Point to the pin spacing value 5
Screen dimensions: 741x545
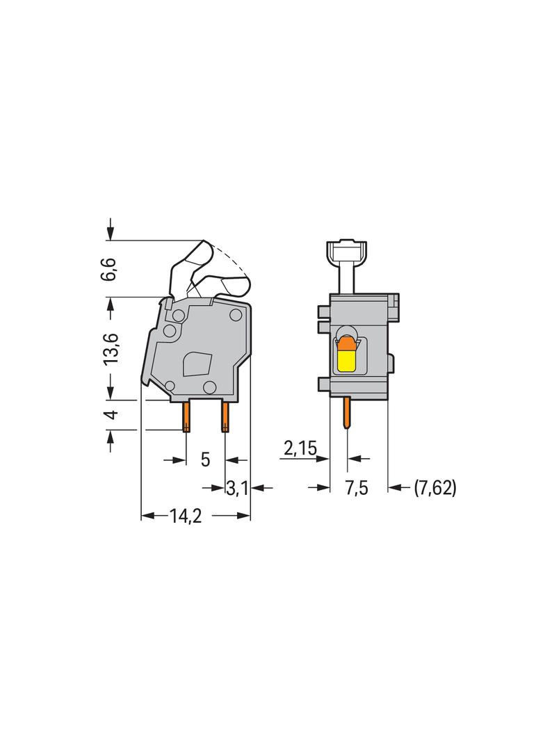(x=205, y=459)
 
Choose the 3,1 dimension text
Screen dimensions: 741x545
(x=237, y=489)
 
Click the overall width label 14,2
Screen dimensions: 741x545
(x=184, y=516)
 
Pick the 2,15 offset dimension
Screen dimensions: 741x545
(x=300, y=450)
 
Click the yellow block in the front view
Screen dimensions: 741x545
(x=345, y=360)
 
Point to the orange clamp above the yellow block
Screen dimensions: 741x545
(x=345, y=343)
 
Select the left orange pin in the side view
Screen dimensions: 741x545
(x=186, y=417)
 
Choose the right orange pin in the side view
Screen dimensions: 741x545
(x=225, y=417)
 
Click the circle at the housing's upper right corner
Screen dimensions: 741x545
(x=236, y=316)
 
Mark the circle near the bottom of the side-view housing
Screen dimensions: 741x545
(x=209, y=387)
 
